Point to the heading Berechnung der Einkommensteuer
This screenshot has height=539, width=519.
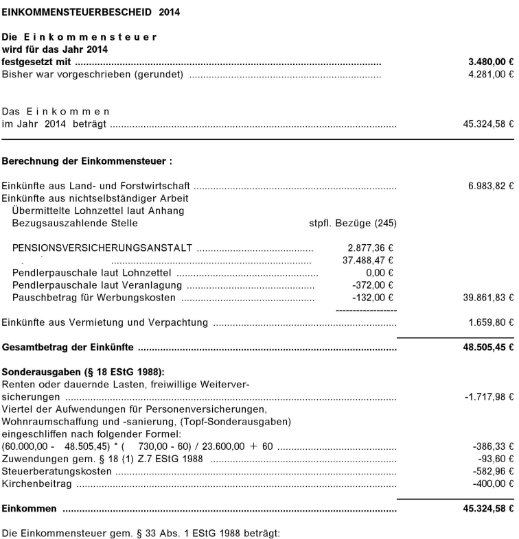coord(86,163)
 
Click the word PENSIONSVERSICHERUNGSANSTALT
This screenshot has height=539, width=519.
coord(102,248)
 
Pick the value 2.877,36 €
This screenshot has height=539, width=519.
coord(369,248)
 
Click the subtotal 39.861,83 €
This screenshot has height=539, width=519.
coord(488,298)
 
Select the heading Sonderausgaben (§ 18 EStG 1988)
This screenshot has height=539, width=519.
coord(84,372)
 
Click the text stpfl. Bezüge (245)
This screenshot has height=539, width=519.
coord(352,223)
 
